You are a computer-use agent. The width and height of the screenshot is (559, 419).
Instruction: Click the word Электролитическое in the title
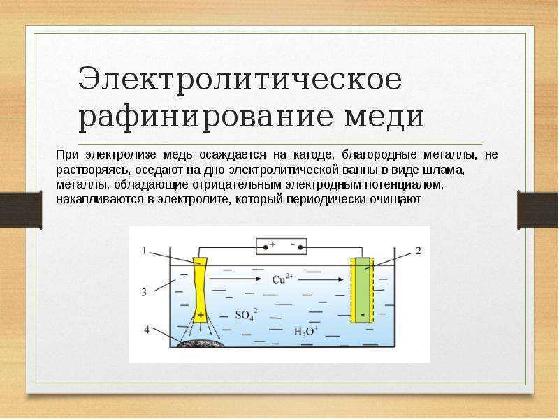240,79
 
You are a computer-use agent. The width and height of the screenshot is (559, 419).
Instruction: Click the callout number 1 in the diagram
144,251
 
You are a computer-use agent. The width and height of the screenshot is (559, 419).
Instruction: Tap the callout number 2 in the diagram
418,251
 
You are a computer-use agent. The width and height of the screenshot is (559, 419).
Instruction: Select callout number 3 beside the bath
144,292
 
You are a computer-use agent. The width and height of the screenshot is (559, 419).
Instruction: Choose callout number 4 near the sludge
147,330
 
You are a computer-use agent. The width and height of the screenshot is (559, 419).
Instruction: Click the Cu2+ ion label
282,279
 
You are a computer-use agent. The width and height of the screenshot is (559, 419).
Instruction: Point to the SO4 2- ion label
247,315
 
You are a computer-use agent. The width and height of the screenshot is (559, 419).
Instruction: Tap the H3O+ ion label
305,332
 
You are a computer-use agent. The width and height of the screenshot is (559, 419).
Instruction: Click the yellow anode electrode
201,290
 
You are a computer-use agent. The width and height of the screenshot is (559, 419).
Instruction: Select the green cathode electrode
363,290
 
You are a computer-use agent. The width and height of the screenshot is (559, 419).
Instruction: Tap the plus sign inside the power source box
273,244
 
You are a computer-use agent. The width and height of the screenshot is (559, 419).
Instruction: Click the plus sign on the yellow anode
201,315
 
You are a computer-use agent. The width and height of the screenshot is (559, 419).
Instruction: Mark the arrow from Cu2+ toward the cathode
321,280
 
